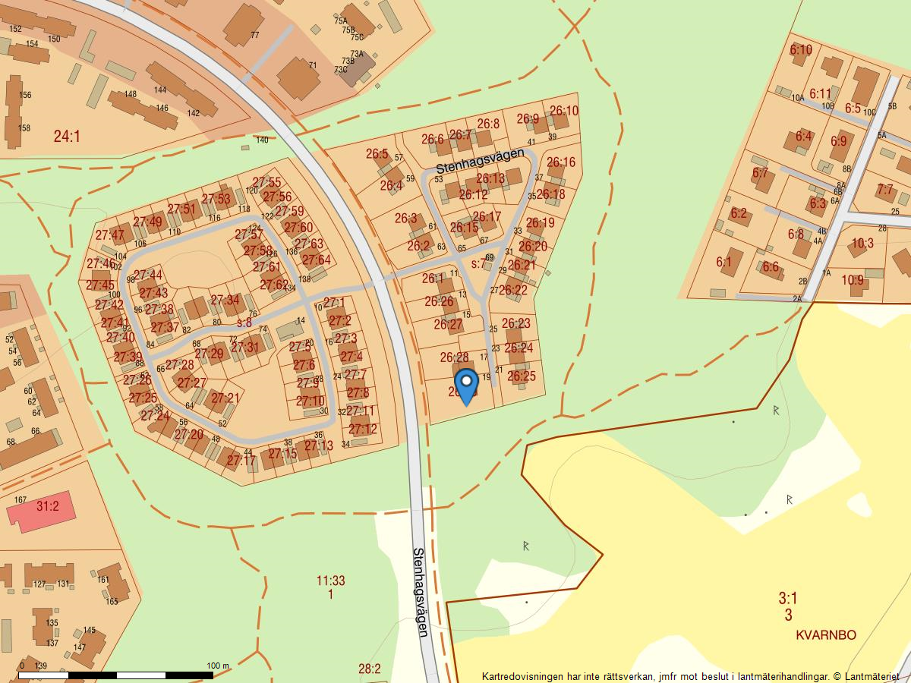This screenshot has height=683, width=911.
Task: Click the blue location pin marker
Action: click(x=466, y=385)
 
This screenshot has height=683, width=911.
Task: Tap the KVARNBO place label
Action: click(x=826, y=634)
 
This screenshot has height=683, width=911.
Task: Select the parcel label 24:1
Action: click(x=67, y=137)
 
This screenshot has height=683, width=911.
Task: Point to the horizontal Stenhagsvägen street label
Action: click(x=480, y=160)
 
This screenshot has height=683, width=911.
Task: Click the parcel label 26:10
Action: click(x=563, y=112)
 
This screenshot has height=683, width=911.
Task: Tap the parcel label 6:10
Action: click(x=801, y=50)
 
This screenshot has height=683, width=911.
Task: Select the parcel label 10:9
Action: click(x=853, y=280)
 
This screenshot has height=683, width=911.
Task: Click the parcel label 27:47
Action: click(x=110, y=234)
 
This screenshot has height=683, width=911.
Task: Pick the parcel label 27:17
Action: click(x=241, y=460)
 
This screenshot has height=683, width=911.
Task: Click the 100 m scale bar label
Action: click(x=218, y=666)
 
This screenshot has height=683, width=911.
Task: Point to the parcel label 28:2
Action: click(x=369, y=669)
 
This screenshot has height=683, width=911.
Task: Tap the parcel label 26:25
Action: click(x=522, y=376)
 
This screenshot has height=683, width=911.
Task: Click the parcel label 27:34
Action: click(x=225, y=301)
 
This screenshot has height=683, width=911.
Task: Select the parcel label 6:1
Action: click(x=723, y=263)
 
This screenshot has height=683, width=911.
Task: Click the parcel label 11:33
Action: click(x=330, y=581)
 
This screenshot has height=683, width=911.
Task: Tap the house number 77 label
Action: click(x=254, y=35)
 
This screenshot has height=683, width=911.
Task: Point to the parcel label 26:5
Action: click(x=377, y=154)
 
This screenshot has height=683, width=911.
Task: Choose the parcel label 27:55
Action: click(x=266, y=182)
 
